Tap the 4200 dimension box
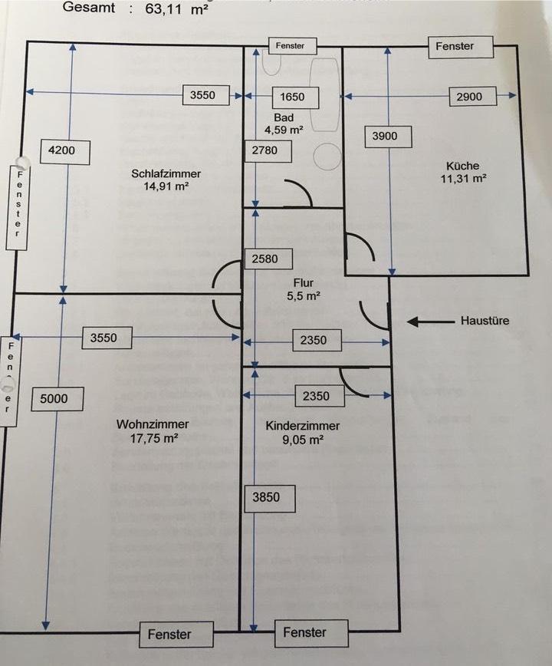pos(61,150)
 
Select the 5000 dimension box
pos(54,398)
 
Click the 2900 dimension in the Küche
pos(468,97)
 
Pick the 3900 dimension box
pos(390,137)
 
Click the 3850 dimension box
pos(265,497)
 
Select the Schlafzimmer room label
pos(160,179)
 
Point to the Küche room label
pos(466,171)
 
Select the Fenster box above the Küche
pos(455,46)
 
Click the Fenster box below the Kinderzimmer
pos(304,632)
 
